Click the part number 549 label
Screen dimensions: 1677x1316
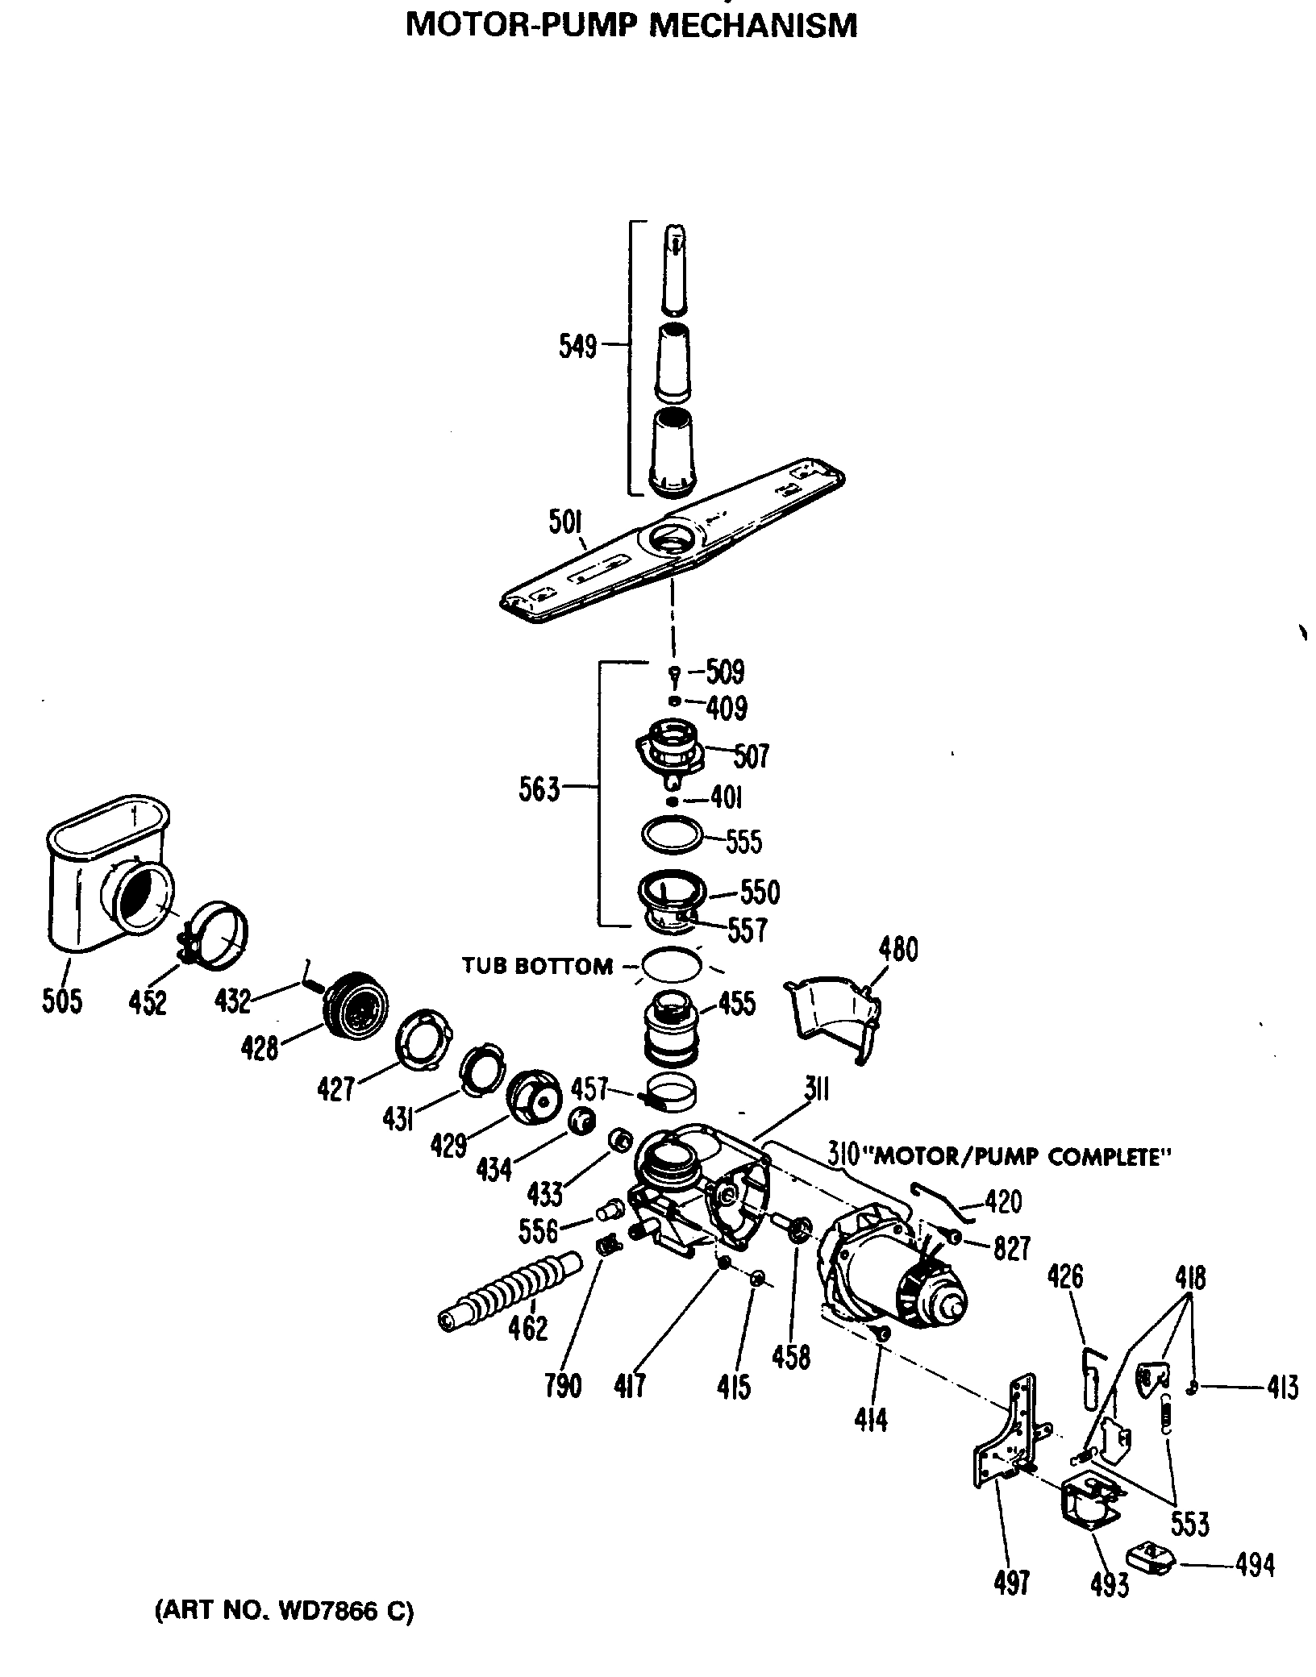point(577,347)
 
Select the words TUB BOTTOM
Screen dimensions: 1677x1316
point(537,966)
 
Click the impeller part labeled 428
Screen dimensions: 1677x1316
point(353,1004)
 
